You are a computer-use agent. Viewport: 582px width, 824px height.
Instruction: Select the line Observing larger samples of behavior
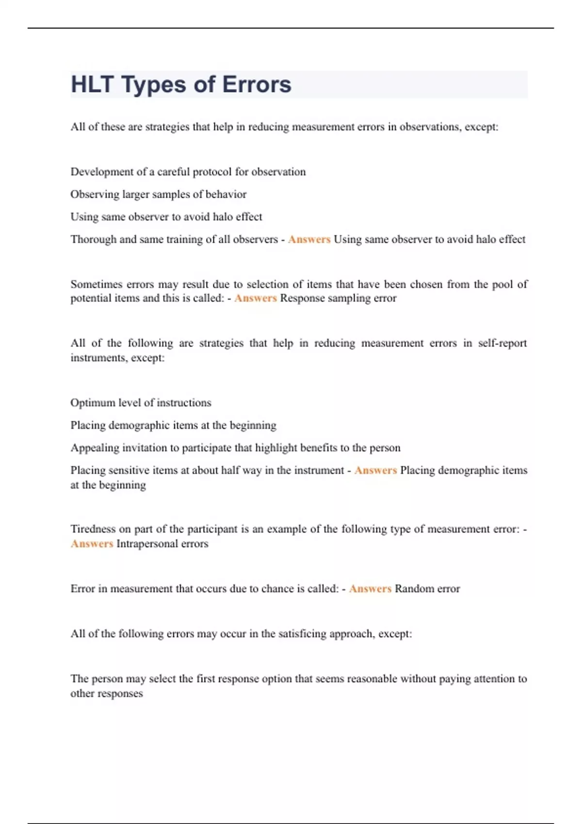pyautogui.click(x=159, y=194)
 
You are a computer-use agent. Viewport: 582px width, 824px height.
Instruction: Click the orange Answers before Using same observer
pyautogui.click(x=309, y=239)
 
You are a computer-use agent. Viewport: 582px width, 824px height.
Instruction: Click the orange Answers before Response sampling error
pyautogui.click(x=255, y=298)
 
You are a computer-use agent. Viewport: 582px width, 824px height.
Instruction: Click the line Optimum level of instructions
pyautogui.click(x=141, y=403)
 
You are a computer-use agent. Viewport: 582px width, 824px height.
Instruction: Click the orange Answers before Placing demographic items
pyautogui.click(x=375, y=470)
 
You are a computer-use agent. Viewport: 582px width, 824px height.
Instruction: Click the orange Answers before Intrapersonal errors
pyautogui.click(x=92, y=544)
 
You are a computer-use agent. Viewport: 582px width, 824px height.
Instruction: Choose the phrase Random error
pyautogui.click(x=427, y=589)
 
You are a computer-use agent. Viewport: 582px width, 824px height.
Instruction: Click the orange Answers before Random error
pyautogui.click(x=370, y=589)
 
